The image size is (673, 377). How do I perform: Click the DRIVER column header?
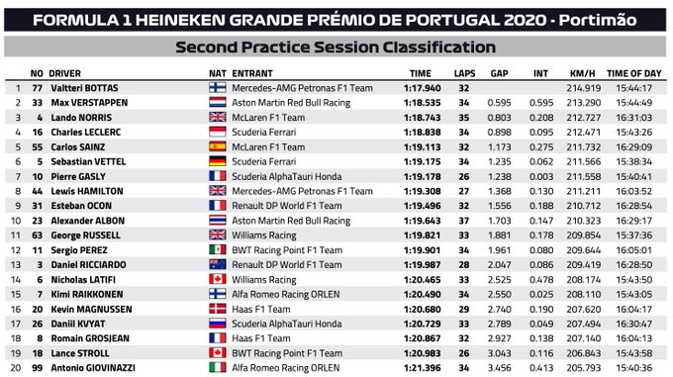click(72, 72)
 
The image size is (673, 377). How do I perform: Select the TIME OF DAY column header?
click(632, 72)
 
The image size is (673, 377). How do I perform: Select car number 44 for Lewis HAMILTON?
click(37, 190)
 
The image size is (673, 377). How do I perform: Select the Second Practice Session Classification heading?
click(335, 47)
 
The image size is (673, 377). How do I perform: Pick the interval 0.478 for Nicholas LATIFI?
click(540, 278)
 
